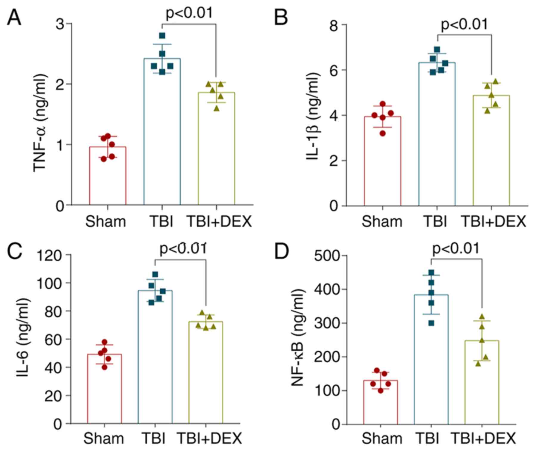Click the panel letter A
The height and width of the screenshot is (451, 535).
(14, 18)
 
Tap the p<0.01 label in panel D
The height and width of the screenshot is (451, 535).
(456, 248)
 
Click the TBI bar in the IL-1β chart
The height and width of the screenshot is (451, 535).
(437, 134)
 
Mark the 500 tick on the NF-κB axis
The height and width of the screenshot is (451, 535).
(326, 256)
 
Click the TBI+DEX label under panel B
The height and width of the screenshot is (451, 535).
(494, 222)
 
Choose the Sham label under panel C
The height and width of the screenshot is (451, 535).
(103, 438)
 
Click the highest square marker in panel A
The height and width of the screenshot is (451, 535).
(162, 36)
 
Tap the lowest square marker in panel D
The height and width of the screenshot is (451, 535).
(431, 323)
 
